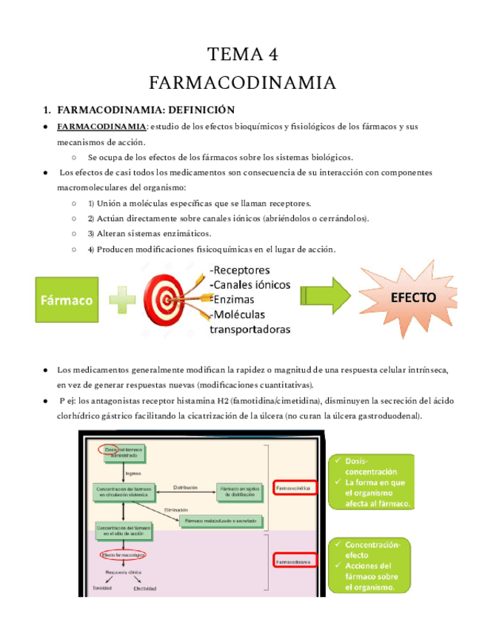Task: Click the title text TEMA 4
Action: coord(242,54)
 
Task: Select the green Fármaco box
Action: coord(66,300)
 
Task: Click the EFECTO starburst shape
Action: coord(412,298)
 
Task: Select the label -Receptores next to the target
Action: coord(240,270)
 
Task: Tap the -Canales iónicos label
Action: coord(250,284)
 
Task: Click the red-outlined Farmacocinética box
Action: coord(295,488)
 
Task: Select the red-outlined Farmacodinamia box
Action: coord(295,563)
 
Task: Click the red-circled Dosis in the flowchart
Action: coord(112,449)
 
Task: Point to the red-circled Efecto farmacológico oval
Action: coord(122,554)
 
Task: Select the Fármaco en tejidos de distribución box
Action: coord(239,490)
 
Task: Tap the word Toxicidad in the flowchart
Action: coord(103,587)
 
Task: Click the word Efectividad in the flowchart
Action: coord(144,589)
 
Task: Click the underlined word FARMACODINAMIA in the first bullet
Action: coord(101,127)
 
